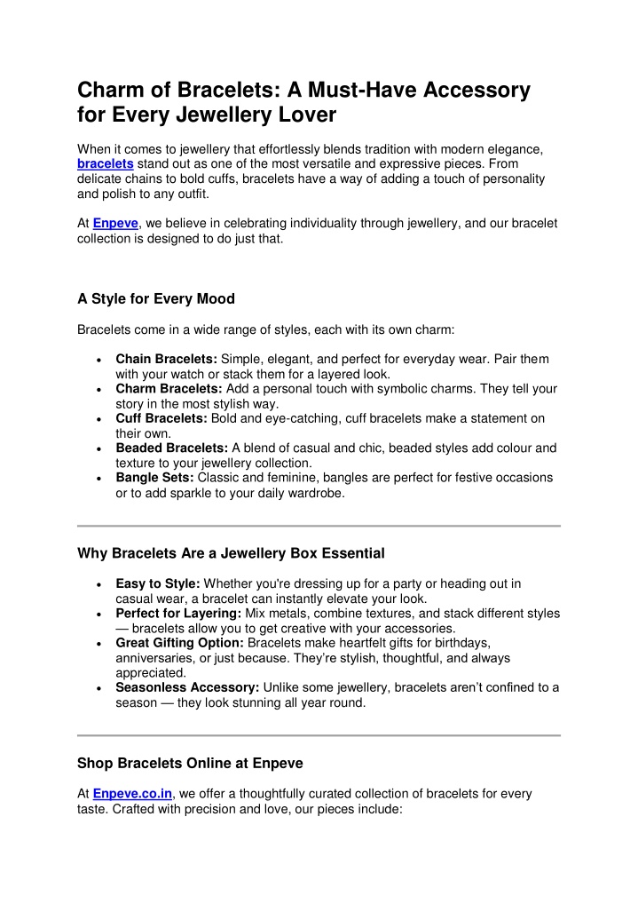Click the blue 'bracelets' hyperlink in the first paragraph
point(106,164)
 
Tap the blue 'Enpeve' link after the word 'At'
point(115,224)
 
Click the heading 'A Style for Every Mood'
point(156,298)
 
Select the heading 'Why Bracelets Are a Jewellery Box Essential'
point(231,553)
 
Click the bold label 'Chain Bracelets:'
point(166,359)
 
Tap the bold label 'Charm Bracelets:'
point(169,388)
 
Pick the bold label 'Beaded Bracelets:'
point(172,448)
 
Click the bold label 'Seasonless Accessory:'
point(186,687)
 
